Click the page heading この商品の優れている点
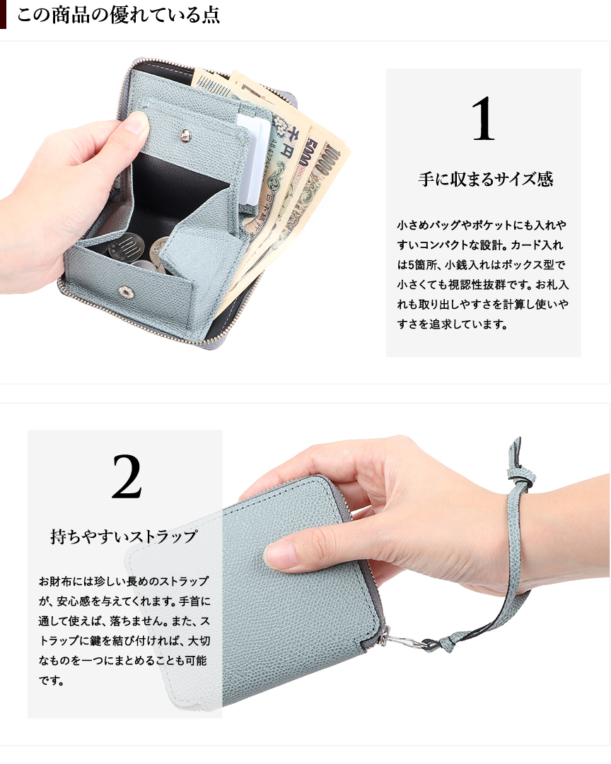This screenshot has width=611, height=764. pyautogui.click(x=118, y=15)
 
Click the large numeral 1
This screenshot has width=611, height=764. pyautogui.click(x=483, y=119)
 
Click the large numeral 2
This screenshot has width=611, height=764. pyautogui.click(x=127, y=476)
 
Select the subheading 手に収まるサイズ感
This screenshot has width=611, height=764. pyautogui.click(x=486, y=180)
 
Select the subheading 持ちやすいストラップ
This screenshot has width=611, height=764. pyautogui.click(x=124, y=536)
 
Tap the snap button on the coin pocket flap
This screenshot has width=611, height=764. pyautogui.click(x=185, y=135)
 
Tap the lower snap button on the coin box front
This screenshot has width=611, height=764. pyautogui.click(x=127, y=292)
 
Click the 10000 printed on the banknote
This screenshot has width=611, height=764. pyautogui.click(x=327, y=162)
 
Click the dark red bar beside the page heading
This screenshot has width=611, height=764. pyautogui.click(x=3, y=14)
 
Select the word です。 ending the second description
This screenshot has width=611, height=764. pyautogui.click(x=52, y=680)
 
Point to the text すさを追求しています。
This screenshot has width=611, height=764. pyautogui.click(x=452, y=324)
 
